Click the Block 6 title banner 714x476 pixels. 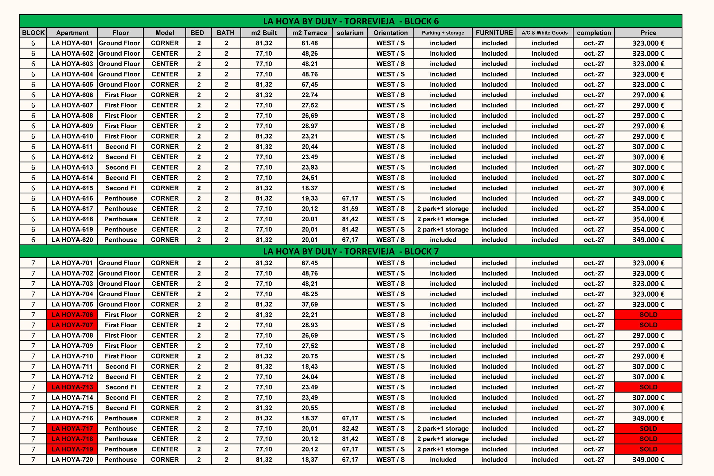click(x=351, y=21)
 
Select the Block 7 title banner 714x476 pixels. click(x=351, y=251)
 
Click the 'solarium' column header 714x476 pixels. click(x=350, y=33)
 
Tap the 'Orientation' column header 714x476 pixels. click(x=390, y=33)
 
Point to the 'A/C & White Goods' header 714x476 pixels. click(x=545, y=33)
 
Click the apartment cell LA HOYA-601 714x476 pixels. click(x=72, y=43)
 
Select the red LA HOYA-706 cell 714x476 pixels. click(x=72, y=315)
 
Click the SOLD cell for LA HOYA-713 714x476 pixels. click(x=648, y=387)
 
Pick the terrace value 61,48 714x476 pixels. click(x=310, y=43)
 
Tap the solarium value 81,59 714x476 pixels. click(x=350, y=209)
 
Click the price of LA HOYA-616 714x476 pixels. click(x=648, y=198)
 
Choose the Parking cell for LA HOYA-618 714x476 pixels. click(x=443, y=219)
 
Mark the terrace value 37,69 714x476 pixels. click(x=310, y=304)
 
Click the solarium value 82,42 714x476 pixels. click(x=350, y=429)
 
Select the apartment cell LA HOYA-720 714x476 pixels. click(x=72, y=460)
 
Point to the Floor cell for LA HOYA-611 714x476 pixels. click(x=120, y=147)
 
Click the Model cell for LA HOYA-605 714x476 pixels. click(x=165, y=85)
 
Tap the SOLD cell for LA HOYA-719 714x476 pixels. click(x=648, y=449)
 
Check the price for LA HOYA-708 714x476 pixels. click(x=648, y=336)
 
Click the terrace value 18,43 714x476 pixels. click(x=310, y=367)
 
